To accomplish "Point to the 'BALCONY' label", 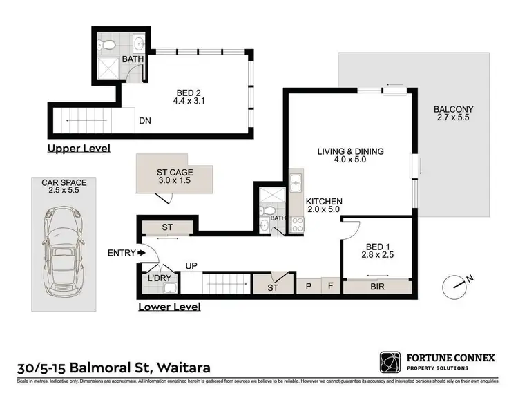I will pos(452,109).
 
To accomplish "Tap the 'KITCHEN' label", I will pos(325,202).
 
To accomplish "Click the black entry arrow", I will pos(142,254).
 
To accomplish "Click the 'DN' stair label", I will pos(146,121).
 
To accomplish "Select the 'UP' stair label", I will pos(191,265).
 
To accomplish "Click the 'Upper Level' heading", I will pos(78,149).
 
